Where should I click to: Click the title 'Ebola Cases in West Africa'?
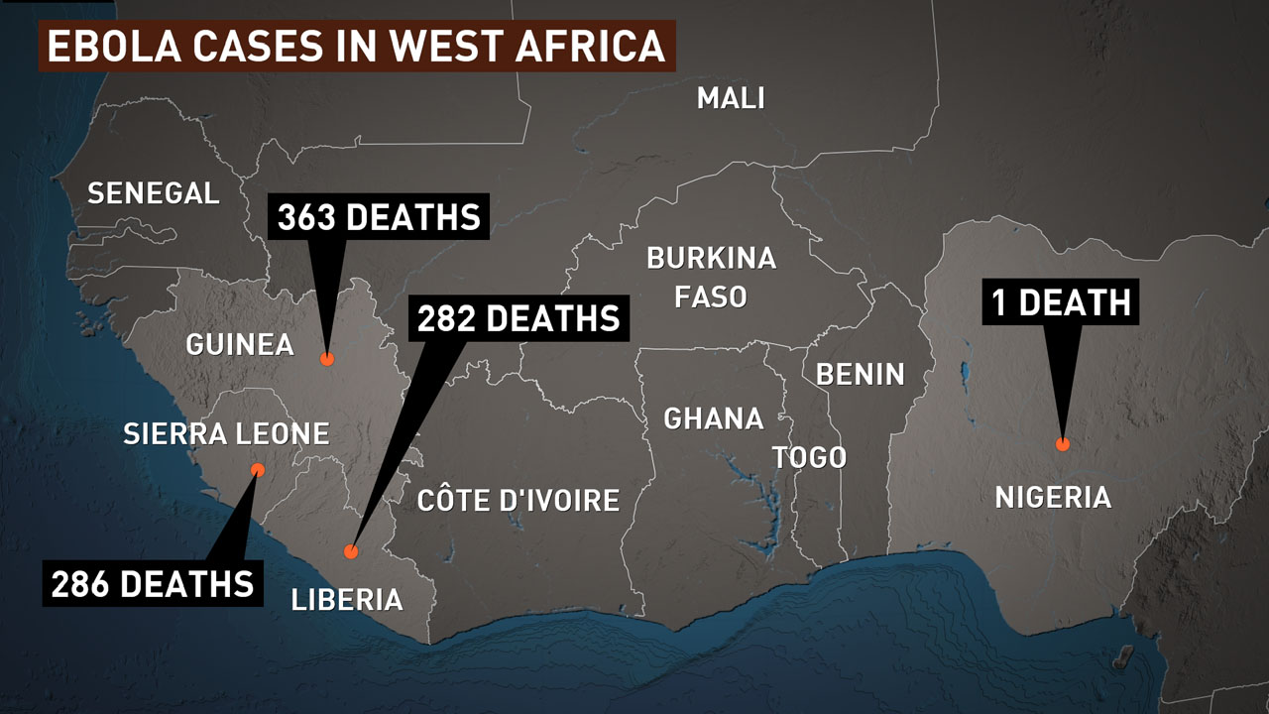point(357,47)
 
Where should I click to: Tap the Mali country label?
point(731,98)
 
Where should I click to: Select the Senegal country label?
point(154,192)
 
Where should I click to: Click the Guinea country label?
point(240,344)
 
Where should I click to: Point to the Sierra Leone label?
point(226,433)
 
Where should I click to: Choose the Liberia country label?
point(347,599)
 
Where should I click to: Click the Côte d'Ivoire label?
point(519,500)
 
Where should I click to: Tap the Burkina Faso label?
point(711,277)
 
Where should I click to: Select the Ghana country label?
point(714,418)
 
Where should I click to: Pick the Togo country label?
point(809,457)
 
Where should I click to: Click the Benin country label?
point(860,374)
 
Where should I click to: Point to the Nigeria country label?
point(1053,497)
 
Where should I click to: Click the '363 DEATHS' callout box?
point(379,218)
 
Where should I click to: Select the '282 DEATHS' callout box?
point(518,319)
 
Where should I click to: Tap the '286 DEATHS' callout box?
point(153,583)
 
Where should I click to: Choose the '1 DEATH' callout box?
point(1061,301)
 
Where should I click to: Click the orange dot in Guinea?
point(326,360)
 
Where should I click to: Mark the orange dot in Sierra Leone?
point(258,469)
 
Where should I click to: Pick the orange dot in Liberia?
point(350,551)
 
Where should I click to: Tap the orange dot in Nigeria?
point(1063,444)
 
